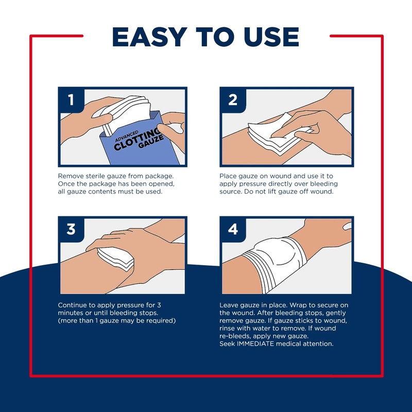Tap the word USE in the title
(x=270, y=37)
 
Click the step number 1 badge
(x=71, y=99)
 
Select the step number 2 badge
(x=233, y=99)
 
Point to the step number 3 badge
(x=71, y=229)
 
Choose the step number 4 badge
(x=233, y=229)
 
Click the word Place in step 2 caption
(x=229, y=176)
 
